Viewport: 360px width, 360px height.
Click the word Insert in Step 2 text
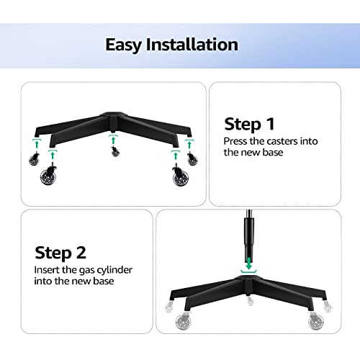click(x=50, y=269)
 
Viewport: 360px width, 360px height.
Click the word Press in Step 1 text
click(x=237, y=141)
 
